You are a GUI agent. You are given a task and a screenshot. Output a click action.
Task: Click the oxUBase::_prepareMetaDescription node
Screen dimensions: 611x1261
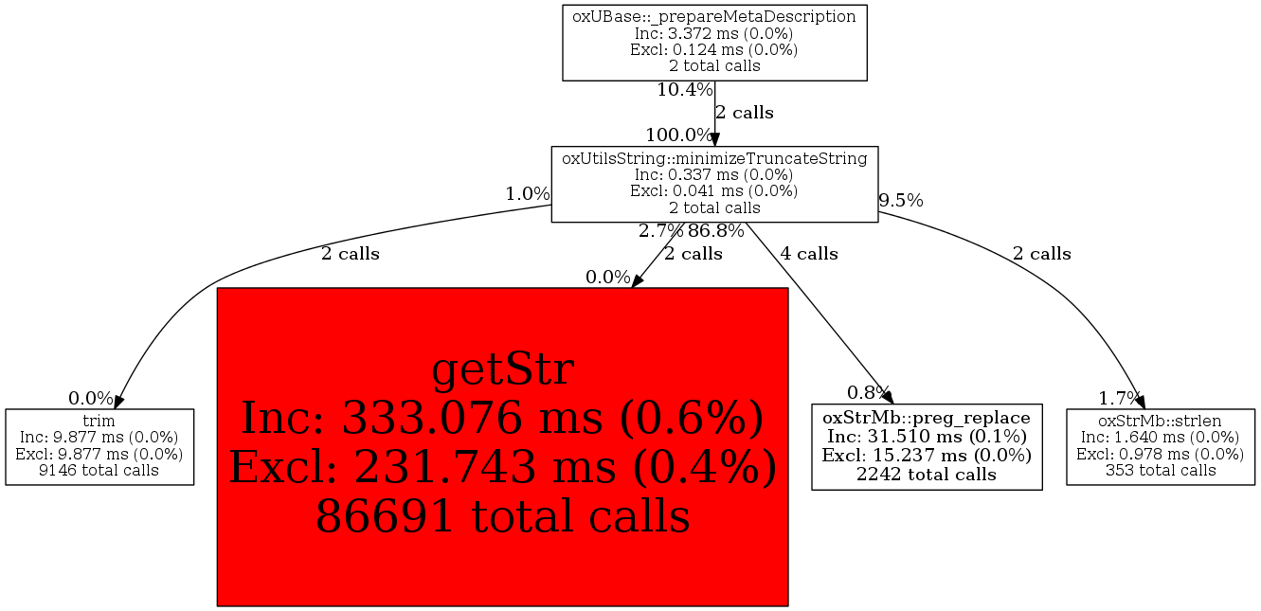714,42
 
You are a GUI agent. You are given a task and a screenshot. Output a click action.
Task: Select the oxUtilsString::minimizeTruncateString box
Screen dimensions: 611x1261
714,184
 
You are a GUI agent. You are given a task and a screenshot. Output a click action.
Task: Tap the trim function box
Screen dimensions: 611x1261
99,446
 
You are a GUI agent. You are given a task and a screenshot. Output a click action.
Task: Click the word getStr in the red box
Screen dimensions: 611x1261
502,368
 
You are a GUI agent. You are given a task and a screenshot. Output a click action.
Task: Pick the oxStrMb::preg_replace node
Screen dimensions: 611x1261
926,446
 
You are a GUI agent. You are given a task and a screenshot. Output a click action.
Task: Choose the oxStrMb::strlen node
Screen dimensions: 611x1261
1160,446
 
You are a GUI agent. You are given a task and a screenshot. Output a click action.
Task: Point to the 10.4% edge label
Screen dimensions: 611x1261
684,90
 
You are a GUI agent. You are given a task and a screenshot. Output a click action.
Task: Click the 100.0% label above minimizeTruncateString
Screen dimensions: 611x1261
678,135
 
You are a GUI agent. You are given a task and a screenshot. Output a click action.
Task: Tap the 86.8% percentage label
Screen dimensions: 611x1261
715,230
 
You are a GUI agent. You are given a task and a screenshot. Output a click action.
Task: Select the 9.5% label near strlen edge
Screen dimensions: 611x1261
900,200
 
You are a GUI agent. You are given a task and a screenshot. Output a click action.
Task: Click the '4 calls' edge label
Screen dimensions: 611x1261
808,253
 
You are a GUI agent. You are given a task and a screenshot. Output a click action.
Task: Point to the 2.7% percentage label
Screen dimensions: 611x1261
660,230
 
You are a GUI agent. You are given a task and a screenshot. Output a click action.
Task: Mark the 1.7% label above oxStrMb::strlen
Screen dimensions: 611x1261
1120,396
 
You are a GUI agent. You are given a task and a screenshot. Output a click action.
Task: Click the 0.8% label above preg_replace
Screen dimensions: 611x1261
868,392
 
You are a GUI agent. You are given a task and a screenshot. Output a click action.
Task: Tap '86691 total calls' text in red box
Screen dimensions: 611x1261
502,516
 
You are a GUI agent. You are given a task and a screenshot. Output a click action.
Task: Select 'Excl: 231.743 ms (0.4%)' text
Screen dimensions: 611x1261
502,467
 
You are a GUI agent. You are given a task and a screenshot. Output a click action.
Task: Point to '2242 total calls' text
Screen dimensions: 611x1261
926,474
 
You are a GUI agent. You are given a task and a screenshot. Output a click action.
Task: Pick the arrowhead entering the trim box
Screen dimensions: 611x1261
119,404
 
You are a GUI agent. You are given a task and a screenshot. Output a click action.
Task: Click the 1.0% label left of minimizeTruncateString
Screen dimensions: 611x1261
527,193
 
